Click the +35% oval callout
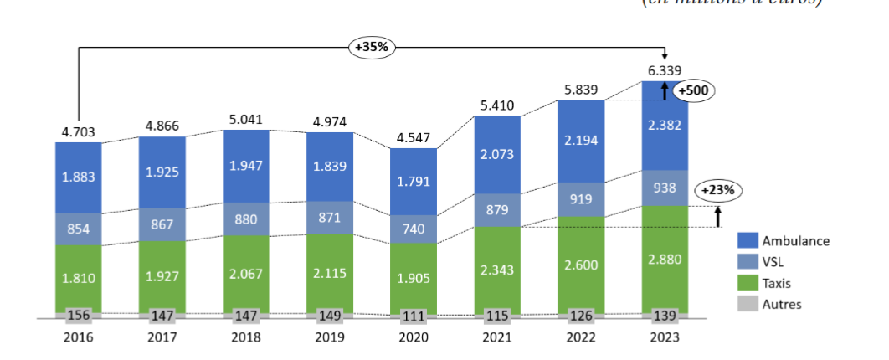[x=372, y=47]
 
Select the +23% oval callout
[x=718, y=190]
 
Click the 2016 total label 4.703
[x=78, y=131]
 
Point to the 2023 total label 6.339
[x=665, y=70]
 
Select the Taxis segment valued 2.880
[x=665, y=259]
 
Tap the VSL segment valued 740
[x=414, y=229]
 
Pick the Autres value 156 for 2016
[x=78, y=316]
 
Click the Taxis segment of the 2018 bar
[x=246, y=274]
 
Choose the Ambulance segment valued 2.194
[x=581, y=141]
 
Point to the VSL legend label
[x=773, y=262]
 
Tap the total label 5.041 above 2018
[x=246, y=119]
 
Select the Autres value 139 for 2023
[x=665, y=316]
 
